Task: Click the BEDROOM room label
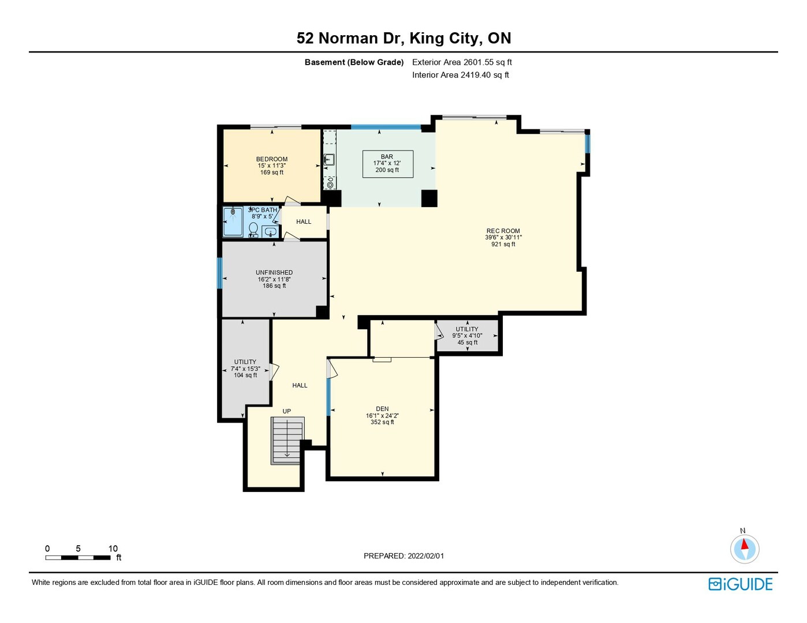271,159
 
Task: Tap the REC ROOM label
503,231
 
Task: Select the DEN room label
382,409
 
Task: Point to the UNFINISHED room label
274,272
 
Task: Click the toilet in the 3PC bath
253,230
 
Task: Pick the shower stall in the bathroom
233,222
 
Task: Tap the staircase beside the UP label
287,441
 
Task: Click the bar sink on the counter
329,160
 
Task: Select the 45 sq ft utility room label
467,335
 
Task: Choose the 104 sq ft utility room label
245,369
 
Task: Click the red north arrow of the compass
744,544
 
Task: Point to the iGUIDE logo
740,584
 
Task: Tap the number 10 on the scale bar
113,549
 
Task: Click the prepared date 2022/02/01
425,556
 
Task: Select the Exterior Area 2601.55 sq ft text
462,62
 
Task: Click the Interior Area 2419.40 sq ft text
461,75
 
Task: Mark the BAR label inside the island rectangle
387,156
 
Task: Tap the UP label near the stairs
287,411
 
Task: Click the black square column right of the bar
429,198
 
